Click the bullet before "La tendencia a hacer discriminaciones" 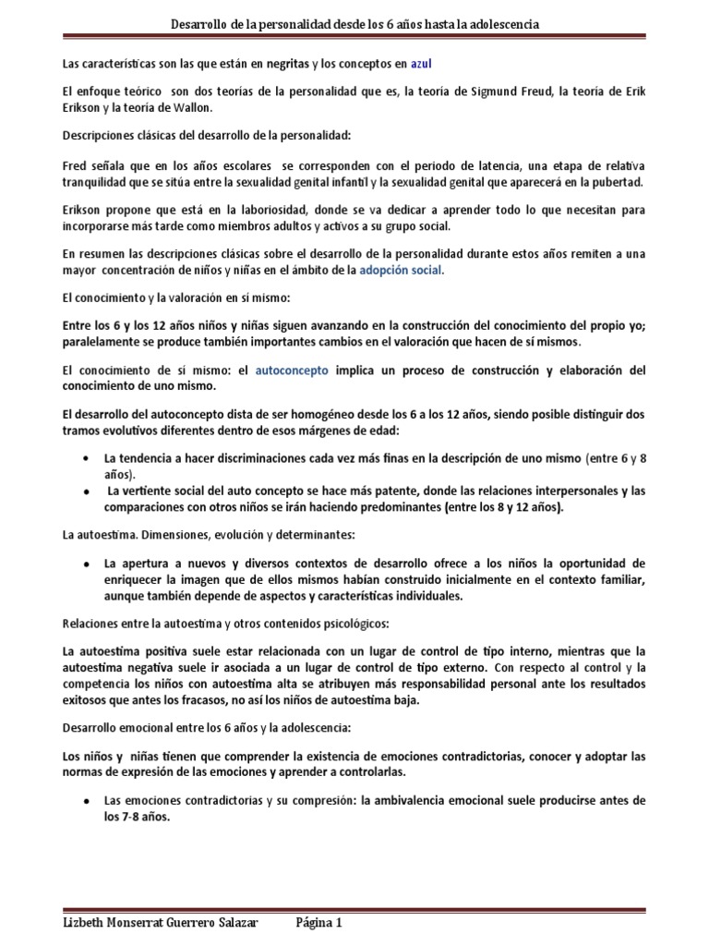[86, 458]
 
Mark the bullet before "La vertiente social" [86, 490]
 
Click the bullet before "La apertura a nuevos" [86, 563]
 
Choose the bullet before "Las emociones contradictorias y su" [86, 798]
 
